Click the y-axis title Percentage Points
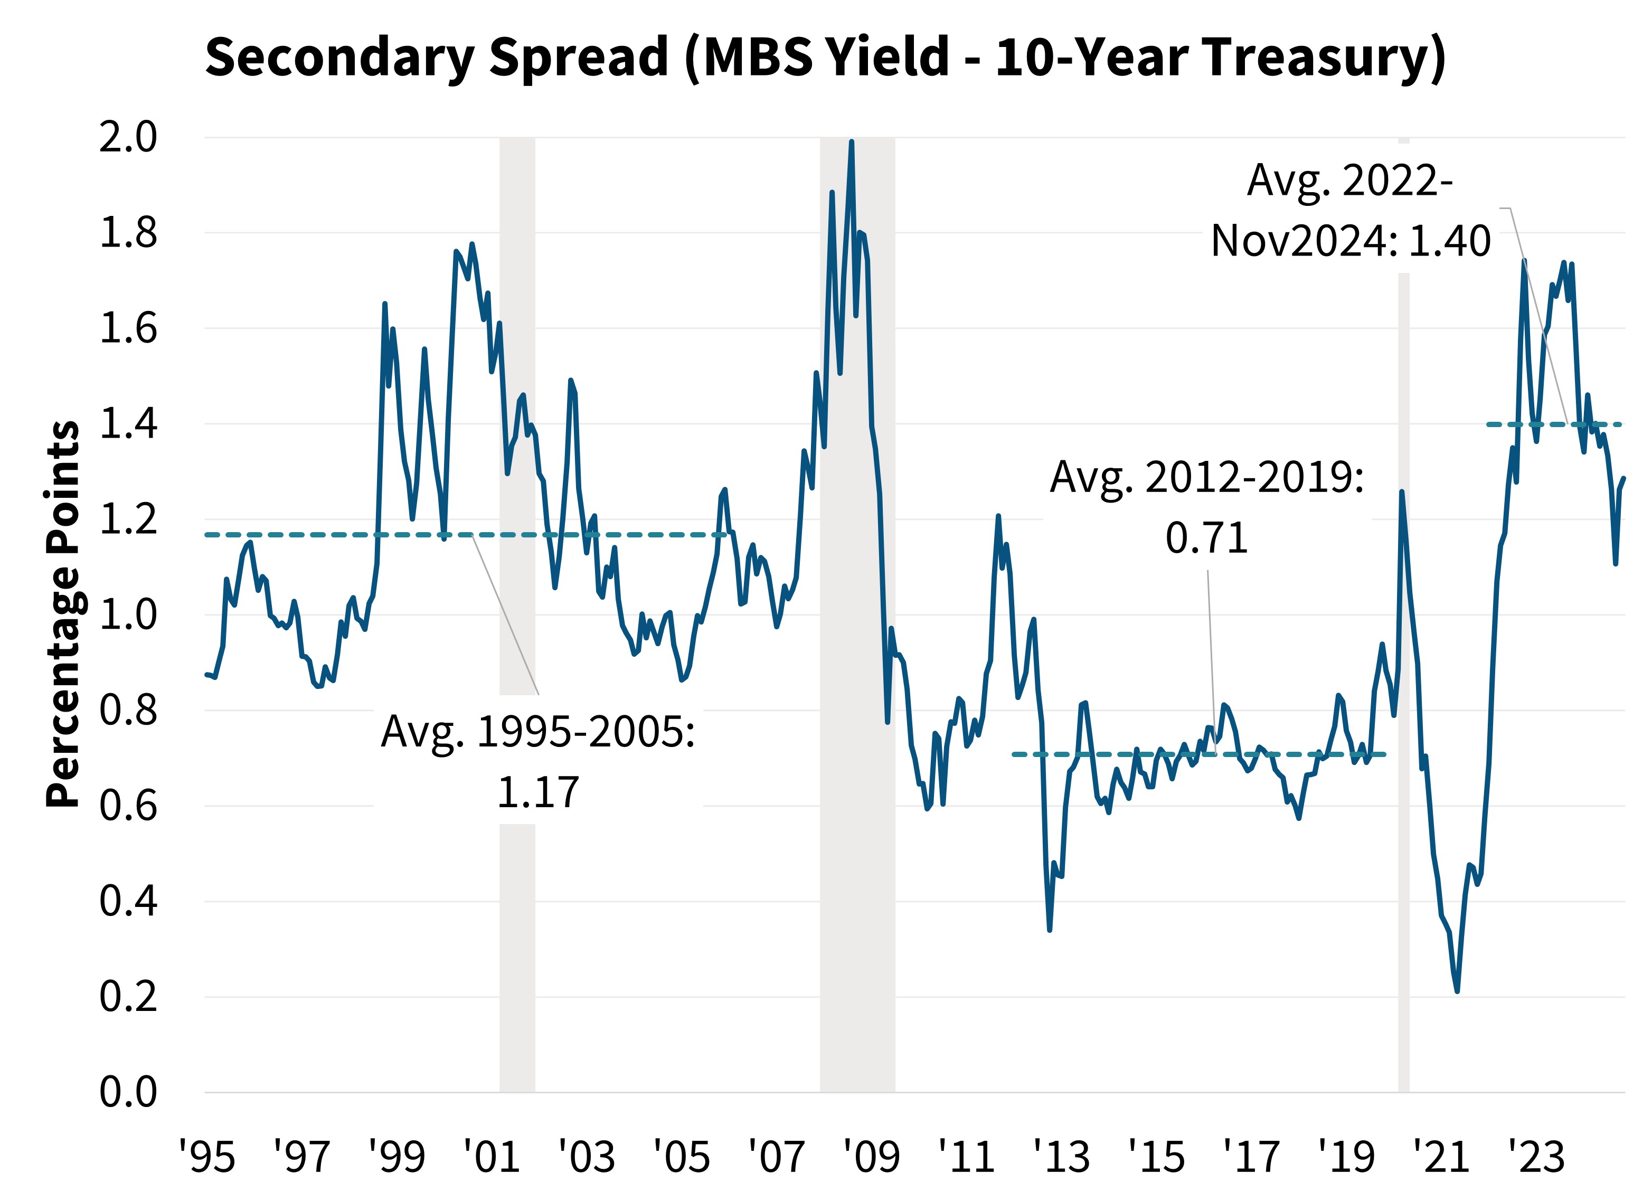(63, 613)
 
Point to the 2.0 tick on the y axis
(128, 137)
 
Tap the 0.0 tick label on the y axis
(128, 1092)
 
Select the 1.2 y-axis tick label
(128, 519)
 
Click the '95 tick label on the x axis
(207, 1157)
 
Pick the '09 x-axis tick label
(871, 1157)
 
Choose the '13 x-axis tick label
(1061, 1157)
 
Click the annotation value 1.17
(537, 792)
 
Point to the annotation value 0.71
(1206, 538)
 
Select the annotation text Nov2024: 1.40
(1349, 241)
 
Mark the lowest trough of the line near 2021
(1457, 990)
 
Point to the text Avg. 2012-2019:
(1206, 478)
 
